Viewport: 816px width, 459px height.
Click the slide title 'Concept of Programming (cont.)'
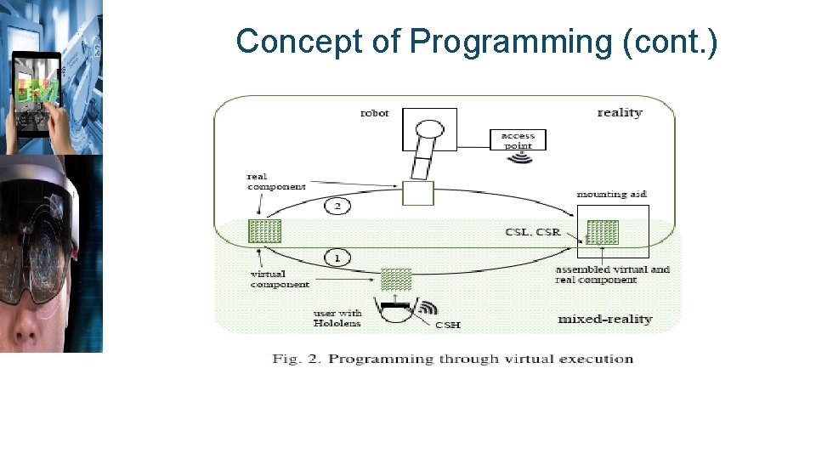pyautogui.click(x=477, y=41)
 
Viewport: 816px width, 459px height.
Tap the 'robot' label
pyautogui.click(x=375, y=113)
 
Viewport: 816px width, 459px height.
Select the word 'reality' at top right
pyautogui.click(x=620, y=113)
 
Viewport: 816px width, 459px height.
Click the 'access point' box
pyautogui.click(x=518, y=139)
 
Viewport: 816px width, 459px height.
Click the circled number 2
pyautogui.click(x=337, y=207)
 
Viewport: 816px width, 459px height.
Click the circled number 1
pyautogui.click(x=337, y=258)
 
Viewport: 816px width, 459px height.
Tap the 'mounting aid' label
pyautogui.click(x=612, y=195)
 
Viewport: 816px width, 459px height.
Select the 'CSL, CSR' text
pyautogui.click(x=533, y=232)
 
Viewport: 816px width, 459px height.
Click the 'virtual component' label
pyautogui.click(x=280, y=280)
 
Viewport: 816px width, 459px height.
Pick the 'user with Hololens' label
pyautogui.click(x=337, y=318)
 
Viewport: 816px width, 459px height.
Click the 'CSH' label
pyautogui.click(x=448, y=325)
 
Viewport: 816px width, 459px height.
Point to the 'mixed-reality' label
pyautogui.click(x=604, y=320)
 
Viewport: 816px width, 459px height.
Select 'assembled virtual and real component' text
pyautogui.click(x=612, y=275)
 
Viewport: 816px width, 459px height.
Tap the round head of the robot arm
pyautogui.click(x=429, y=130)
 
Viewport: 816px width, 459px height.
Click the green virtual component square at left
pyautogui.click(x=264, y=231)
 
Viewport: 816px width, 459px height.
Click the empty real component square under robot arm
pyautogui.click(x=417, y=193)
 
